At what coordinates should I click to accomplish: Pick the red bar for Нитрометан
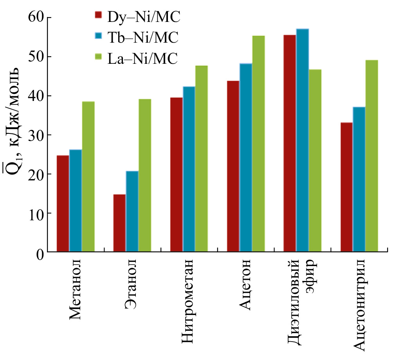click(176, 175)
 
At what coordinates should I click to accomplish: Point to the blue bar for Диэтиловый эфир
click(302, 140)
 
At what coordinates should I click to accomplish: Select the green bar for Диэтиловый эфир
click(315, 160)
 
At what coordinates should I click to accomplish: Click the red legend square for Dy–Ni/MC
click(99, 16)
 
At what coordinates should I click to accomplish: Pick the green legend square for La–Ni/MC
click(99, 58)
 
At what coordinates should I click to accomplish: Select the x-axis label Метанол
click(77, 289)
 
